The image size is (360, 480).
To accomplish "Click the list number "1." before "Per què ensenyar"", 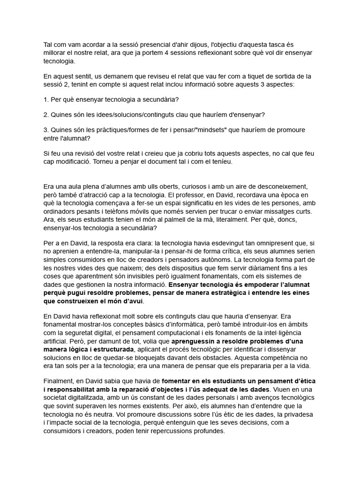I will pyautogui.click(x=46, y=99).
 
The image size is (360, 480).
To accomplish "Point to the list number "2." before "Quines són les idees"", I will pyautogui.click(x=46, y=115).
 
